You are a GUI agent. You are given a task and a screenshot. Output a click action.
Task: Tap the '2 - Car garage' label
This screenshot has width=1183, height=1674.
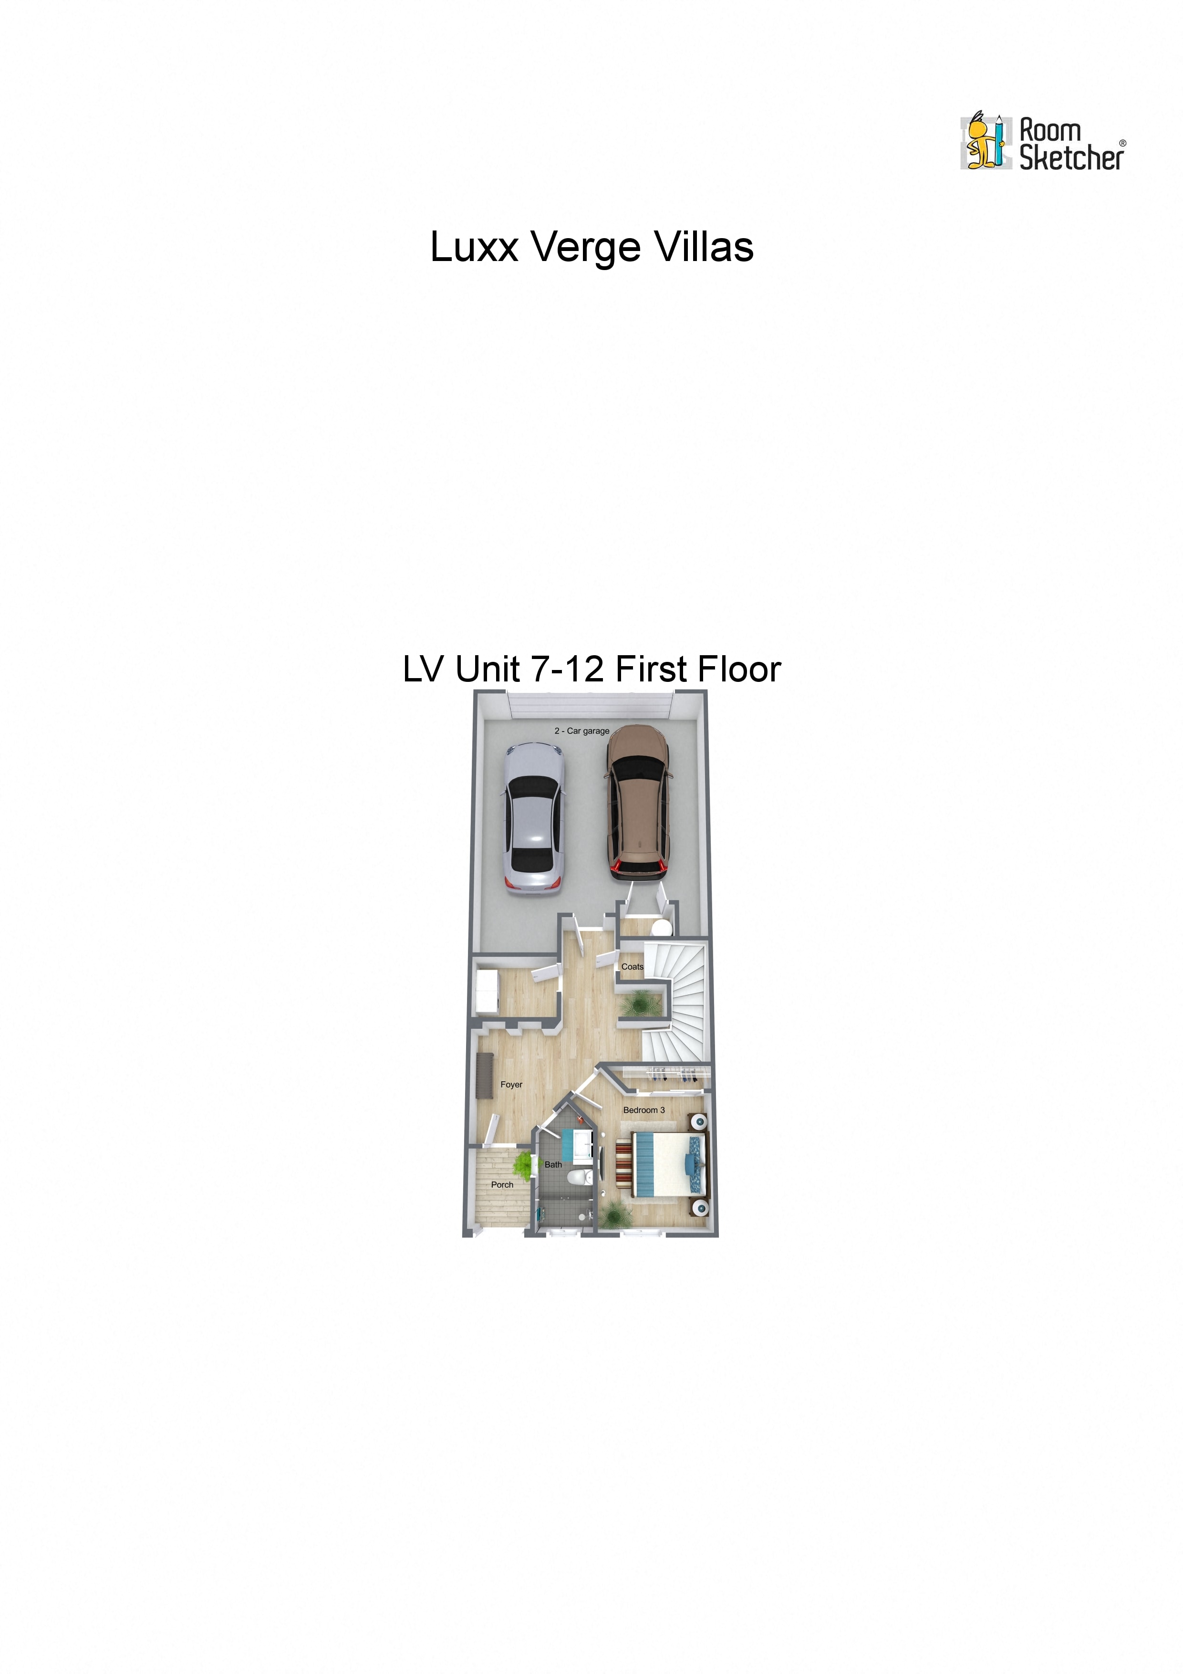point(581,731)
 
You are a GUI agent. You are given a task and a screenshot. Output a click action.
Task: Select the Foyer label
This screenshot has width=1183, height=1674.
point(511,1084)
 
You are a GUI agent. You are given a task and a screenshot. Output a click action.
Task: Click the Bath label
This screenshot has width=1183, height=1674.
point(553,1164)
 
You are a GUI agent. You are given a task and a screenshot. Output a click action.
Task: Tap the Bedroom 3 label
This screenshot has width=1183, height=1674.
point(643,1109)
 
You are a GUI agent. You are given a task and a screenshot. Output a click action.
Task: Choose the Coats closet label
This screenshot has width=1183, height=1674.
point(632,967)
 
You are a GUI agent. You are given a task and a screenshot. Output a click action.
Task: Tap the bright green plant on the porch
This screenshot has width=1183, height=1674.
point(523,1165)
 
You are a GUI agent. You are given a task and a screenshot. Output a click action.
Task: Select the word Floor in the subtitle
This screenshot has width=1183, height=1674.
point(739,670)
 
